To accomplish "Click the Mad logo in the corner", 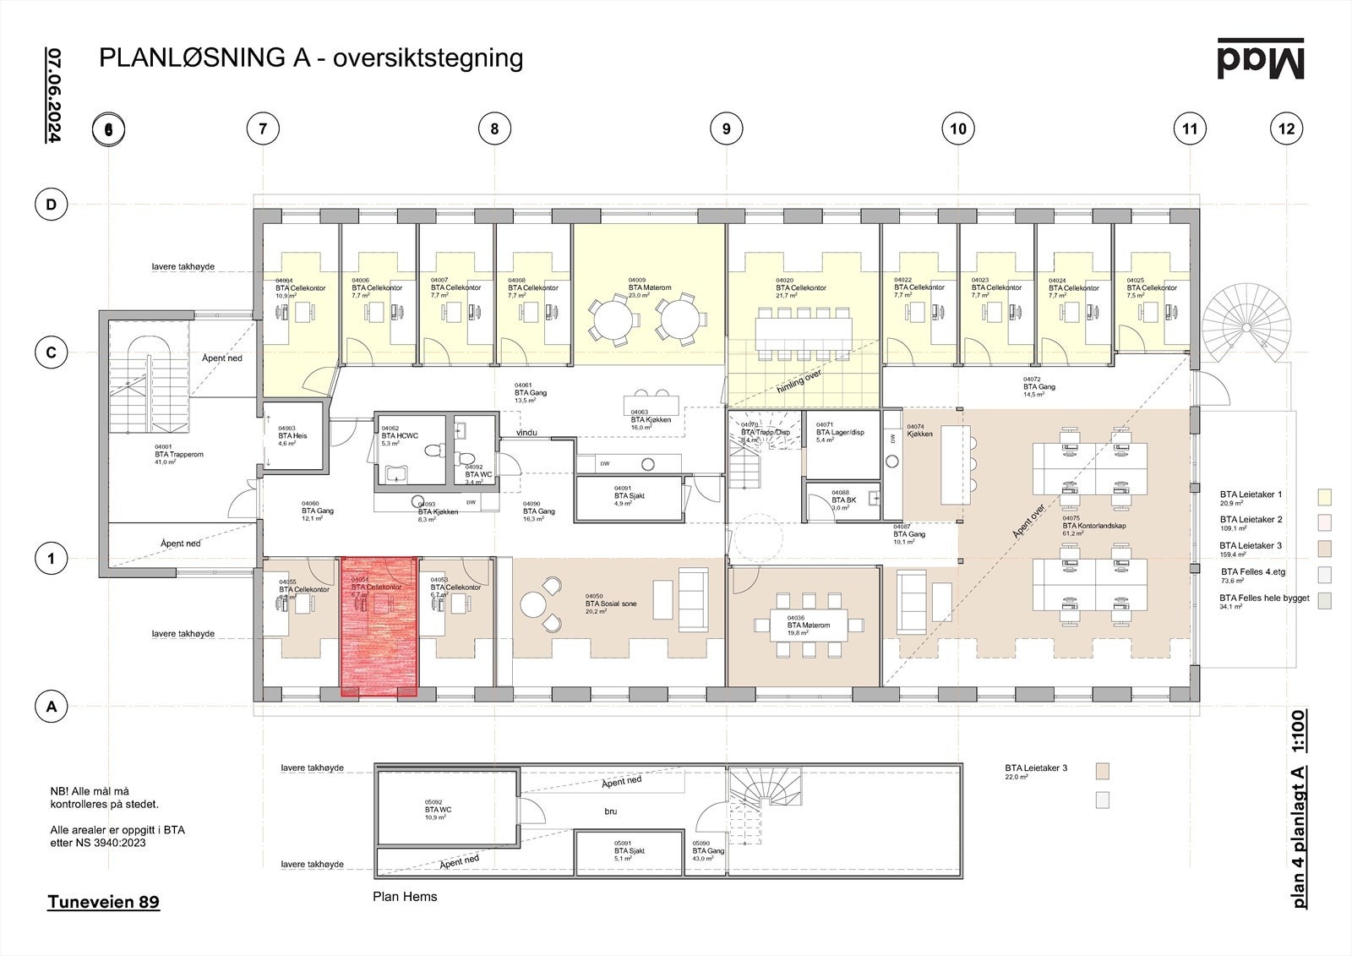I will click(x=1261, y=59).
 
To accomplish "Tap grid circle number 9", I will click(x=726, y=129).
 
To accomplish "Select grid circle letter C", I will click(x=51, y=352).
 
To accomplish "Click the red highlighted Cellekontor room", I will click(x=379, y=626).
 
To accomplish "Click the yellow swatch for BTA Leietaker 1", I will click(x=1324, y=495).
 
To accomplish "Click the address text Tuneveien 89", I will click(x=103, y=902).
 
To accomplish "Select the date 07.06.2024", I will click(x=53, y=94).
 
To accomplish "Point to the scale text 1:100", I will click(x=1299, y=731).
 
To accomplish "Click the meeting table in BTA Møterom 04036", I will click(x=808, y=625).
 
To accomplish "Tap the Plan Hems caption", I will click(x=405, y=897).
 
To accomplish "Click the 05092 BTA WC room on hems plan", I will click(x=438, y=810).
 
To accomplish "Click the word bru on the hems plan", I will click(x=610, y=811).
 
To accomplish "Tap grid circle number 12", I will click(x=1286, y=129).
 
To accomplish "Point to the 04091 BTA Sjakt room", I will click(x=629, y=496).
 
